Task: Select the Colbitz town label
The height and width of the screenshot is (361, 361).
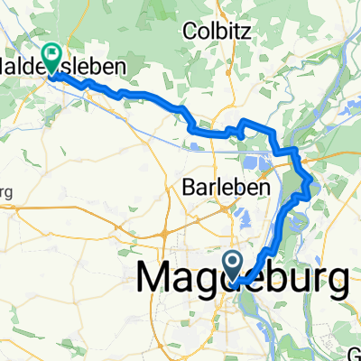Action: (x=216, y=31)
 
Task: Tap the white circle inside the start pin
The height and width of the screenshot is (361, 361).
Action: (x=233, y=264)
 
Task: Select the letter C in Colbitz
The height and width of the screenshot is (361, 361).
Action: (x=189, y=31)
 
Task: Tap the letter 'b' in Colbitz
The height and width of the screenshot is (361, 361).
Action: (x=222, y=31)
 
